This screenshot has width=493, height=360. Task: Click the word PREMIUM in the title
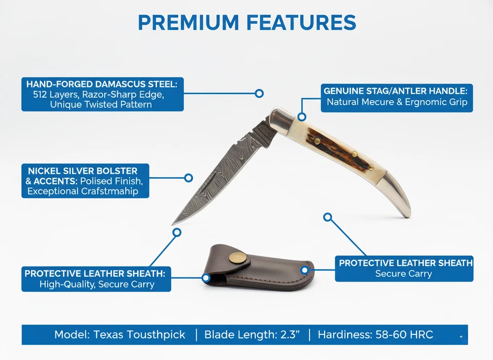click(188, 23)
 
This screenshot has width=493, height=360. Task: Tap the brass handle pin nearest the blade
click(317, 140)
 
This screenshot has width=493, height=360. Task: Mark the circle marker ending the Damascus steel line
click(259, 93)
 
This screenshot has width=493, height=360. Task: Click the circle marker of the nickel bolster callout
click(188, 178)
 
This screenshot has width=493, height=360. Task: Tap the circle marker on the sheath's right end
click(305, 269)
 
